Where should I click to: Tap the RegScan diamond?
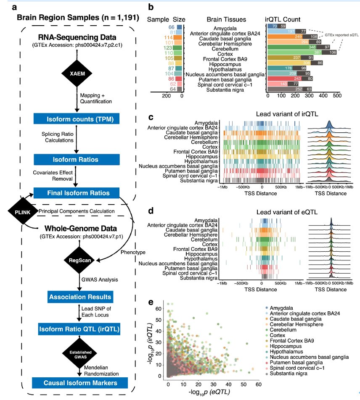[76, 261]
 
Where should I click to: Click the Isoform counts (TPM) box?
[76, 119]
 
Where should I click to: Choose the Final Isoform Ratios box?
[76, 193]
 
